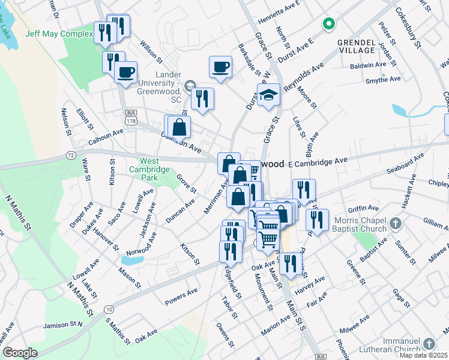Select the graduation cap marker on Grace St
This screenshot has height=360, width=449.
[x=269, y=94]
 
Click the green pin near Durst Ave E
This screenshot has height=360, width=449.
[x=328, y=24]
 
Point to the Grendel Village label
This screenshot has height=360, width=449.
[x=359, y=47]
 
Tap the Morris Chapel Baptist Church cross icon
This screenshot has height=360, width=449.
[x=394, y=224]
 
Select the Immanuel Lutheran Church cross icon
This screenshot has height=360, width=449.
[x=429, y=343]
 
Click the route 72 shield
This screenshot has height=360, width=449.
[x=71, y=155]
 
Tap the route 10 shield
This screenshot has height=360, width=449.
[x=108, y=309]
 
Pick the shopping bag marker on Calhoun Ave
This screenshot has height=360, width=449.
[x=179, y=127]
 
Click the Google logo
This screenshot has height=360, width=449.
[x=20, y=352]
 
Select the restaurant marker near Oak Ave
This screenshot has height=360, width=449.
[x=291, y=264]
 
